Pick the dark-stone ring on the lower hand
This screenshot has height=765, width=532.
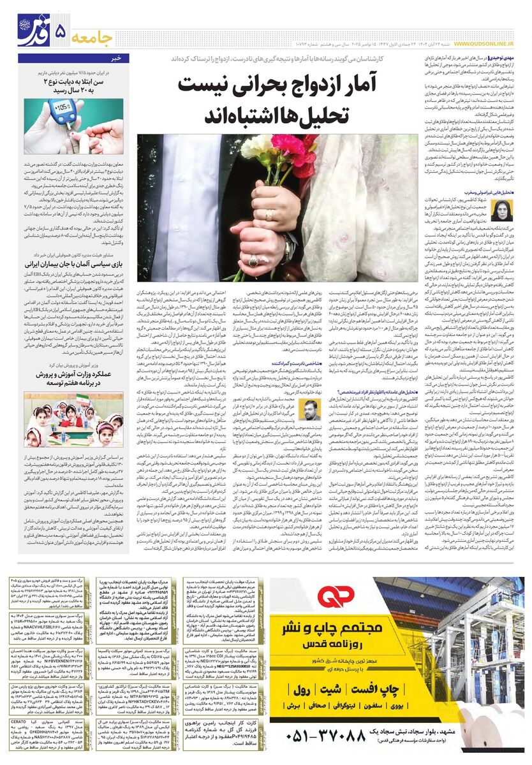tap(253, 260)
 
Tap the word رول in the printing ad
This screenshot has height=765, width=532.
tap(299, 690)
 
